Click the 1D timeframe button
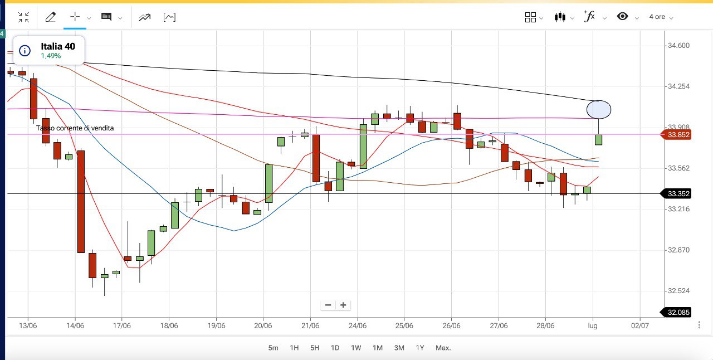(335, 348)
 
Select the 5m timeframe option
(273, 348)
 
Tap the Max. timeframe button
(443, 348)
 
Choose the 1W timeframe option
(356, 348)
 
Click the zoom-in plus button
(343, 305)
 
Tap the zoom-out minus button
(328, 305)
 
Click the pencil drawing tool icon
(50, 17)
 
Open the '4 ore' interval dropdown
(661, 17)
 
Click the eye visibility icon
(623, 17)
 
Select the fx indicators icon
(589, 17)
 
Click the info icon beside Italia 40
(25, 51)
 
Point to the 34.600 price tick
(678, 46)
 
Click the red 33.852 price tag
(676, 134)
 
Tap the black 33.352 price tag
(676, 194)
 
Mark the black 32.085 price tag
(676, 313)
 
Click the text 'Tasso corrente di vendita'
(75, 128)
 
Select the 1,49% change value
(51, 56)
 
